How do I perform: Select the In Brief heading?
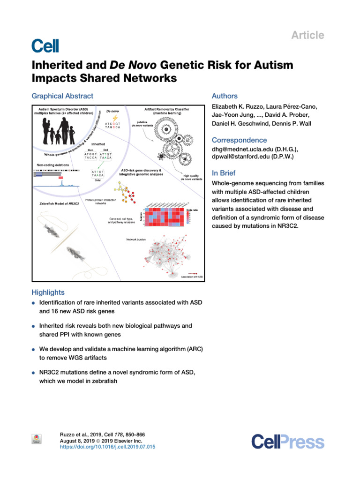[x=225, y=172]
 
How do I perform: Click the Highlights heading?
[x=48, y=292]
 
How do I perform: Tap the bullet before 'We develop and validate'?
[x=34, y=350]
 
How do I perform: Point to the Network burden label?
[x=137, y=240]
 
